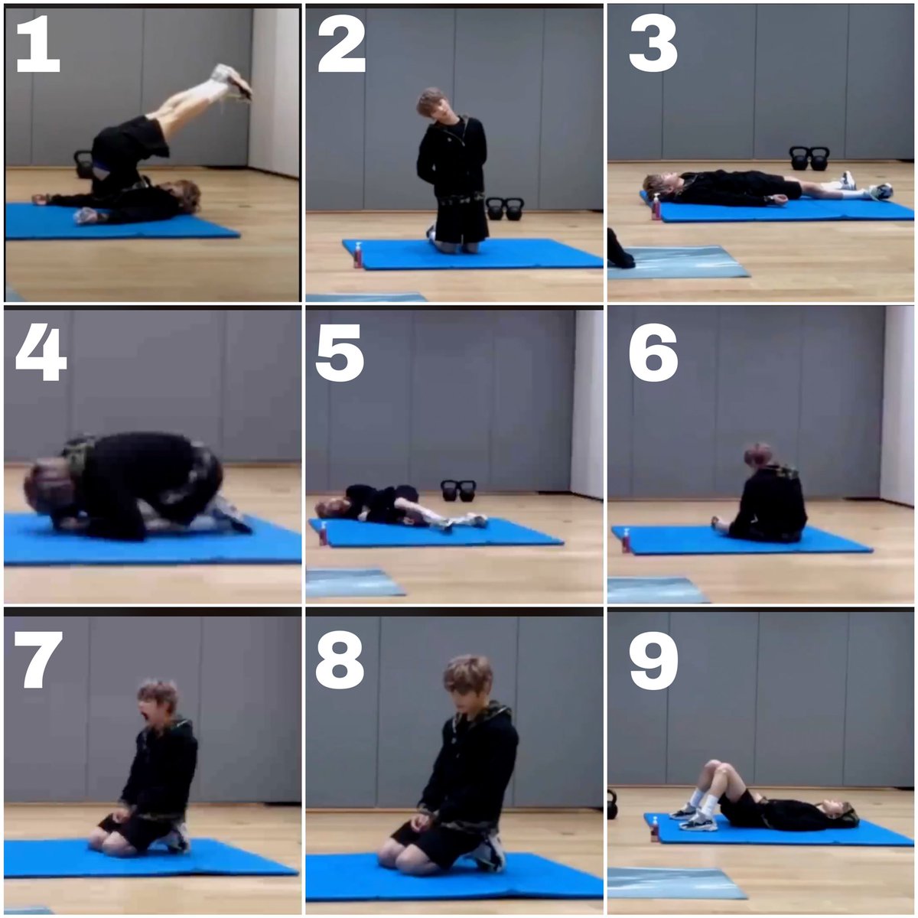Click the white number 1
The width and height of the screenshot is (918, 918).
pyautogui.click(x=37, y=44)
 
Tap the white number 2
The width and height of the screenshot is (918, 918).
pyautogui.click(x=341, y=44)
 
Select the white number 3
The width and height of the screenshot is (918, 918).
pyautogui.click(x=653, y=44)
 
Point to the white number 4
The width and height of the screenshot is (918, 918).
pyautogui.click(x=41, y=353)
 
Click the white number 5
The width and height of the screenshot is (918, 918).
pyautogui.click(x=340, y=353)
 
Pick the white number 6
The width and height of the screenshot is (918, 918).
pyautogui.click(x=653, y=353)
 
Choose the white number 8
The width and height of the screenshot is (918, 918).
pyautogui.click(x=340, y=660)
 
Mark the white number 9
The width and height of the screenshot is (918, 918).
pyautogui.click(x=653, y=660)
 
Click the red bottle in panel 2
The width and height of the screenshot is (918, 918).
pyautogui.click(x=358, y=256)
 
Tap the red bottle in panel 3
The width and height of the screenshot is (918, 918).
pyautogui.click(x=656, y=207)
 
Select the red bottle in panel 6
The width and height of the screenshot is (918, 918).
pyautogui.click(x=626, y=541)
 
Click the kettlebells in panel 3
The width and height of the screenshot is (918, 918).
pyautogui.click(x=809, y=158)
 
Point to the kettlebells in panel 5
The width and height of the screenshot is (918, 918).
pyautogui.click(x=457, y=490)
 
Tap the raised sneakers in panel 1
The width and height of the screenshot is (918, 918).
pyautogui.click(x=231, y=82)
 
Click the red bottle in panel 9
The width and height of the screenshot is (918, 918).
pyautogui.click(x=655, y=829)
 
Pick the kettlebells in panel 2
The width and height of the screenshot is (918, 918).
pyautogui.click(x=504, y=209)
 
